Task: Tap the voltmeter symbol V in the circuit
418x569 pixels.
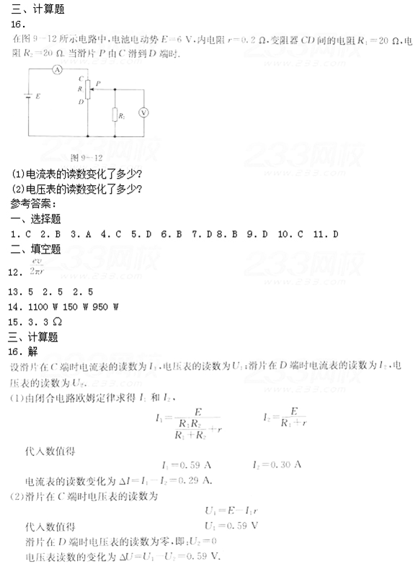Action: click(143, 113)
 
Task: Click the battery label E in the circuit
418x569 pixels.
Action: click(37, 95)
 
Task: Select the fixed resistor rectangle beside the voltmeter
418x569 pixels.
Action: click(115, 115)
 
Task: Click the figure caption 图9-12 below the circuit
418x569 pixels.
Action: click(85, 156)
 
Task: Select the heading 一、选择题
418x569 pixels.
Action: click(36, 218)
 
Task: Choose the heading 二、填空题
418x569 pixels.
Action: click(36, 249)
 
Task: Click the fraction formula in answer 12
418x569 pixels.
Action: click(37, 266)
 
